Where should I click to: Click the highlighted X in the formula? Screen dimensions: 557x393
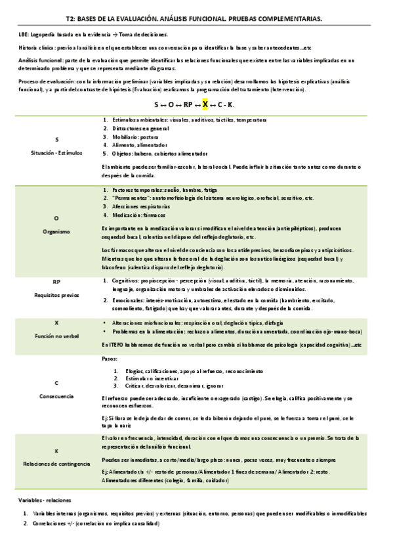tap(205, 104)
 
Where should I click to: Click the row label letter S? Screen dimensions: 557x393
tap(56, 140)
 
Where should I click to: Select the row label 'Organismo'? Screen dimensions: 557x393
tap(56, 231)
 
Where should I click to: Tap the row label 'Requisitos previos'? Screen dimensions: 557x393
tap(56, 295)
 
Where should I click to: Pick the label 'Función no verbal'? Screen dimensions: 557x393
tap(56, 336)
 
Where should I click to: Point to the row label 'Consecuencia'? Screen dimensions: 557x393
tap(56, 396)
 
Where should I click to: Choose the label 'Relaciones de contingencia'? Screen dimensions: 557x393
tap(56, 464)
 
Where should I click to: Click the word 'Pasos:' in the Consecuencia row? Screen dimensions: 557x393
tap(110, 359)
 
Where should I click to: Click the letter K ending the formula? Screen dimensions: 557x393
tap(232, 104)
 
